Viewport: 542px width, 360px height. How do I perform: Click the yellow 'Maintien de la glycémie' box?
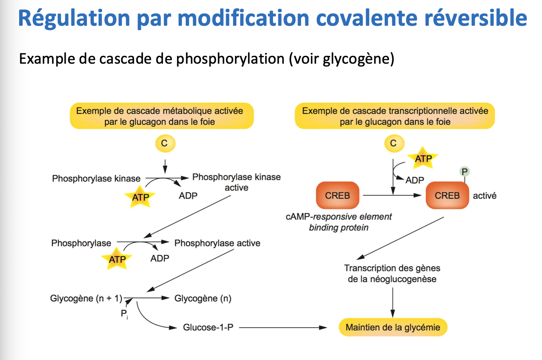tap(393, 327)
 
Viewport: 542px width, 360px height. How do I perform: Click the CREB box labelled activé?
tap(447, 196)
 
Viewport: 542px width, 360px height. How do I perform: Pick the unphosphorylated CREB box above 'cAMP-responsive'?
tap(338, 196)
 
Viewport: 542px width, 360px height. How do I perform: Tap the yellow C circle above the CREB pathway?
tap(393, 143)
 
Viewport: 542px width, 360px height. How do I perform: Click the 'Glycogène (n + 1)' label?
tap(86, 298)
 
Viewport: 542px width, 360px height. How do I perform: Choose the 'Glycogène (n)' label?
tap(203, 298)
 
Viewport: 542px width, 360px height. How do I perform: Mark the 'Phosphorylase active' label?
tap(217, 243)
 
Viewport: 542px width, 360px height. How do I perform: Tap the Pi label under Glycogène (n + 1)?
tap(124, 315)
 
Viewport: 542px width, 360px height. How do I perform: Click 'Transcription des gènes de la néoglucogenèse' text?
tap(392, 273)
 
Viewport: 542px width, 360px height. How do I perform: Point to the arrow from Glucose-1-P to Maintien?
tap(282, 327)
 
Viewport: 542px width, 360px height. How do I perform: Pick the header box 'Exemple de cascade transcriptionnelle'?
tap(395, 116)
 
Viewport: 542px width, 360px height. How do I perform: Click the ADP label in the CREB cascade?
tap(415, 180)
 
